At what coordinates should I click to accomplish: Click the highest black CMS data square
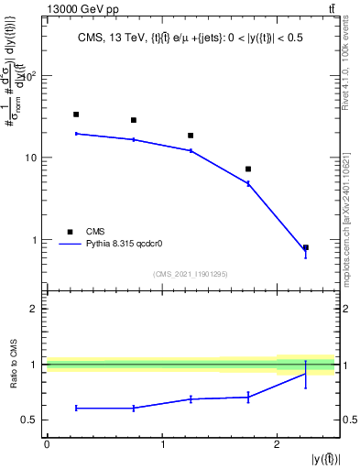click(x=76, y=115)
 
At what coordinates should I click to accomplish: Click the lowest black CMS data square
click(x=306, y=247)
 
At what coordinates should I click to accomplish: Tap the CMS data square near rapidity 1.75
click(x=248, y=169)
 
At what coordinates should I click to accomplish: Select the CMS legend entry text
click(x=96, y=232)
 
